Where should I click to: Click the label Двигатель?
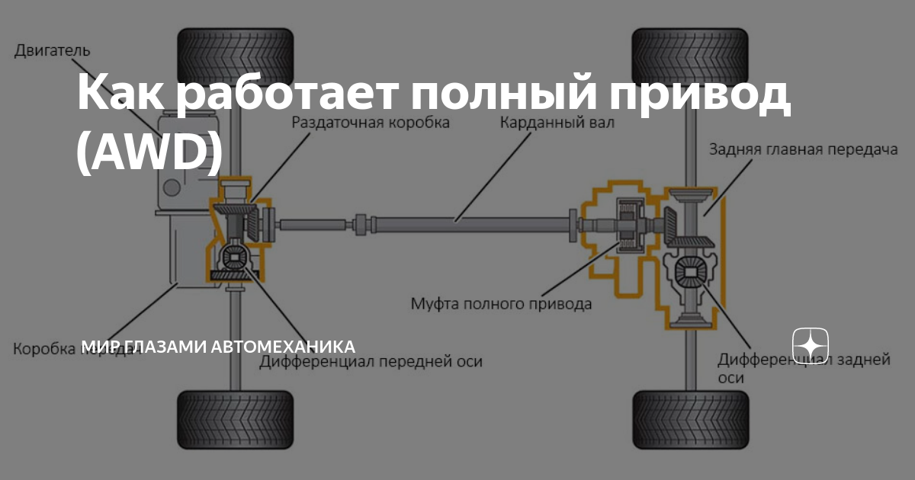52,51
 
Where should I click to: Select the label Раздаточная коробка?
371,122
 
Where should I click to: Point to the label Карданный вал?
557,122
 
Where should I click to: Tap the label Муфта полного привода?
501,304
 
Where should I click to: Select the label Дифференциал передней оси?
371,361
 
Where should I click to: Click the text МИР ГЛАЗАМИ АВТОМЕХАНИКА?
218,347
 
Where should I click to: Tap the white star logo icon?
811,347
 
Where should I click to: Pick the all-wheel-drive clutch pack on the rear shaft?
631,225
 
